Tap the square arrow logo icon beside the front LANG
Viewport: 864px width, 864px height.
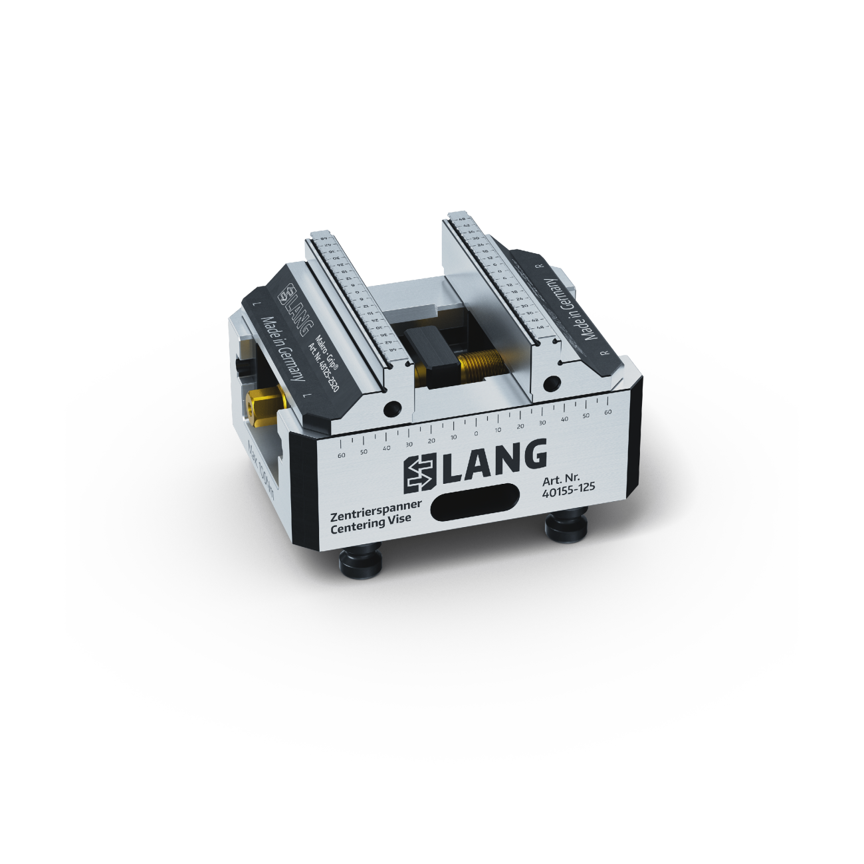click(x=421, y=471)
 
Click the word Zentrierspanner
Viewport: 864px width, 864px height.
click(x=376, y=510)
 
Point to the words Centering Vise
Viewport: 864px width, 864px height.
click(x=370, y=524)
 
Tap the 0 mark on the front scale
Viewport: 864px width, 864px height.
click(x=476, y=433)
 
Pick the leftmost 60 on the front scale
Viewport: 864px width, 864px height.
click(x=342, y=455)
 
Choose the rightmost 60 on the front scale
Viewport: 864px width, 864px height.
click(x=607, y=412)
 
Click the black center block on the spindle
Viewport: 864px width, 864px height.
click(x=432, y=356)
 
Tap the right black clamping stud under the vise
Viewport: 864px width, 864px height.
click(x=566, y=526)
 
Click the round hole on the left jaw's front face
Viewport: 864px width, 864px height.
click(x=392, y=407)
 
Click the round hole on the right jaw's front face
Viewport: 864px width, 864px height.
click(x=551, y=383)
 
